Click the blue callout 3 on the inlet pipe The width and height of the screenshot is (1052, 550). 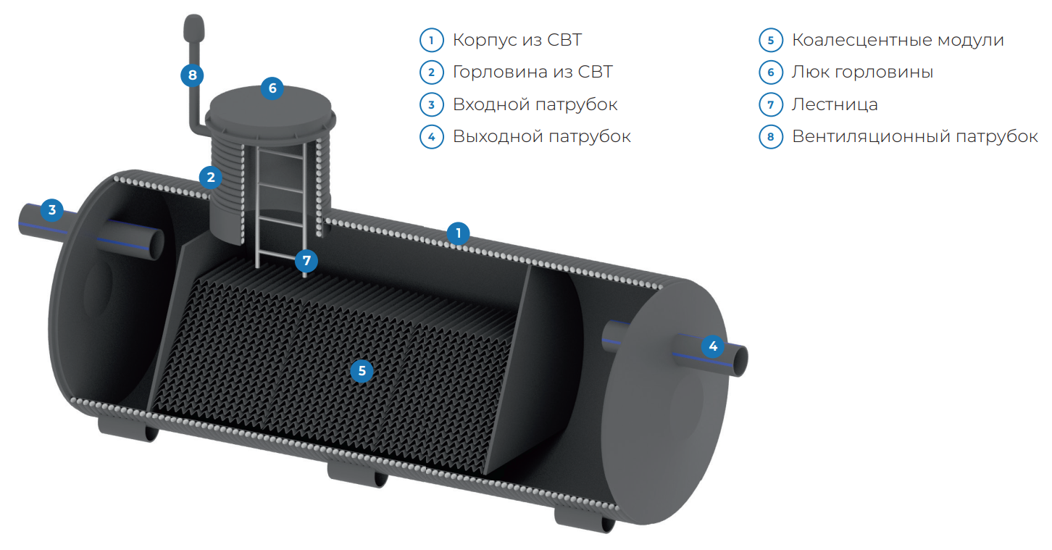51,210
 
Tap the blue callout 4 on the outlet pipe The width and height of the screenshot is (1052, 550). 713,346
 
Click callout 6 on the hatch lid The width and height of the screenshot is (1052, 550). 272,88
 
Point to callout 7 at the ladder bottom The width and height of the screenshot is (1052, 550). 306,260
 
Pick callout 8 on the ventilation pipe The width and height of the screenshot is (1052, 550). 192,74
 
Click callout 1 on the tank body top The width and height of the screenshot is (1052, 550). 458,233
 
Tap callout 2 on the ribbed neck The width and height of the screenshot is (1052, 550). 211,176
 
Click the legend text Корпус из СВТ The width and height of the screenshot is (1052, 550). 517,40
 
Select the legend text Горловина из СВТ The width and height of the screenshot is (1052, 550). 533,72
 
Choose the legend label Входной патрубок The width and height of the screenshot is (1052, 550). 535,104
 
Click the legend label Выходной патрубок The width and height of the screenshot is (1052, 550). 541,136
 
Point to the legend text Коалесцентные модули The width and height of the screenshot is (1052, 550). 898,40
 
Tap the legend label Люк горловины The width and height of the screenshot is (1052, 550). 862,72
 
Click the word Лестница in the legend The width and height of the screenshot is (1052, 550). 835,104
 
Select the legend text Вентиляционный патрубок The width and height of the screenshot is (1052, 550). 914,136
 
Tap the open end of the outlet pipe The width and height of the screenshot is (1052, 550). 740,360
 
